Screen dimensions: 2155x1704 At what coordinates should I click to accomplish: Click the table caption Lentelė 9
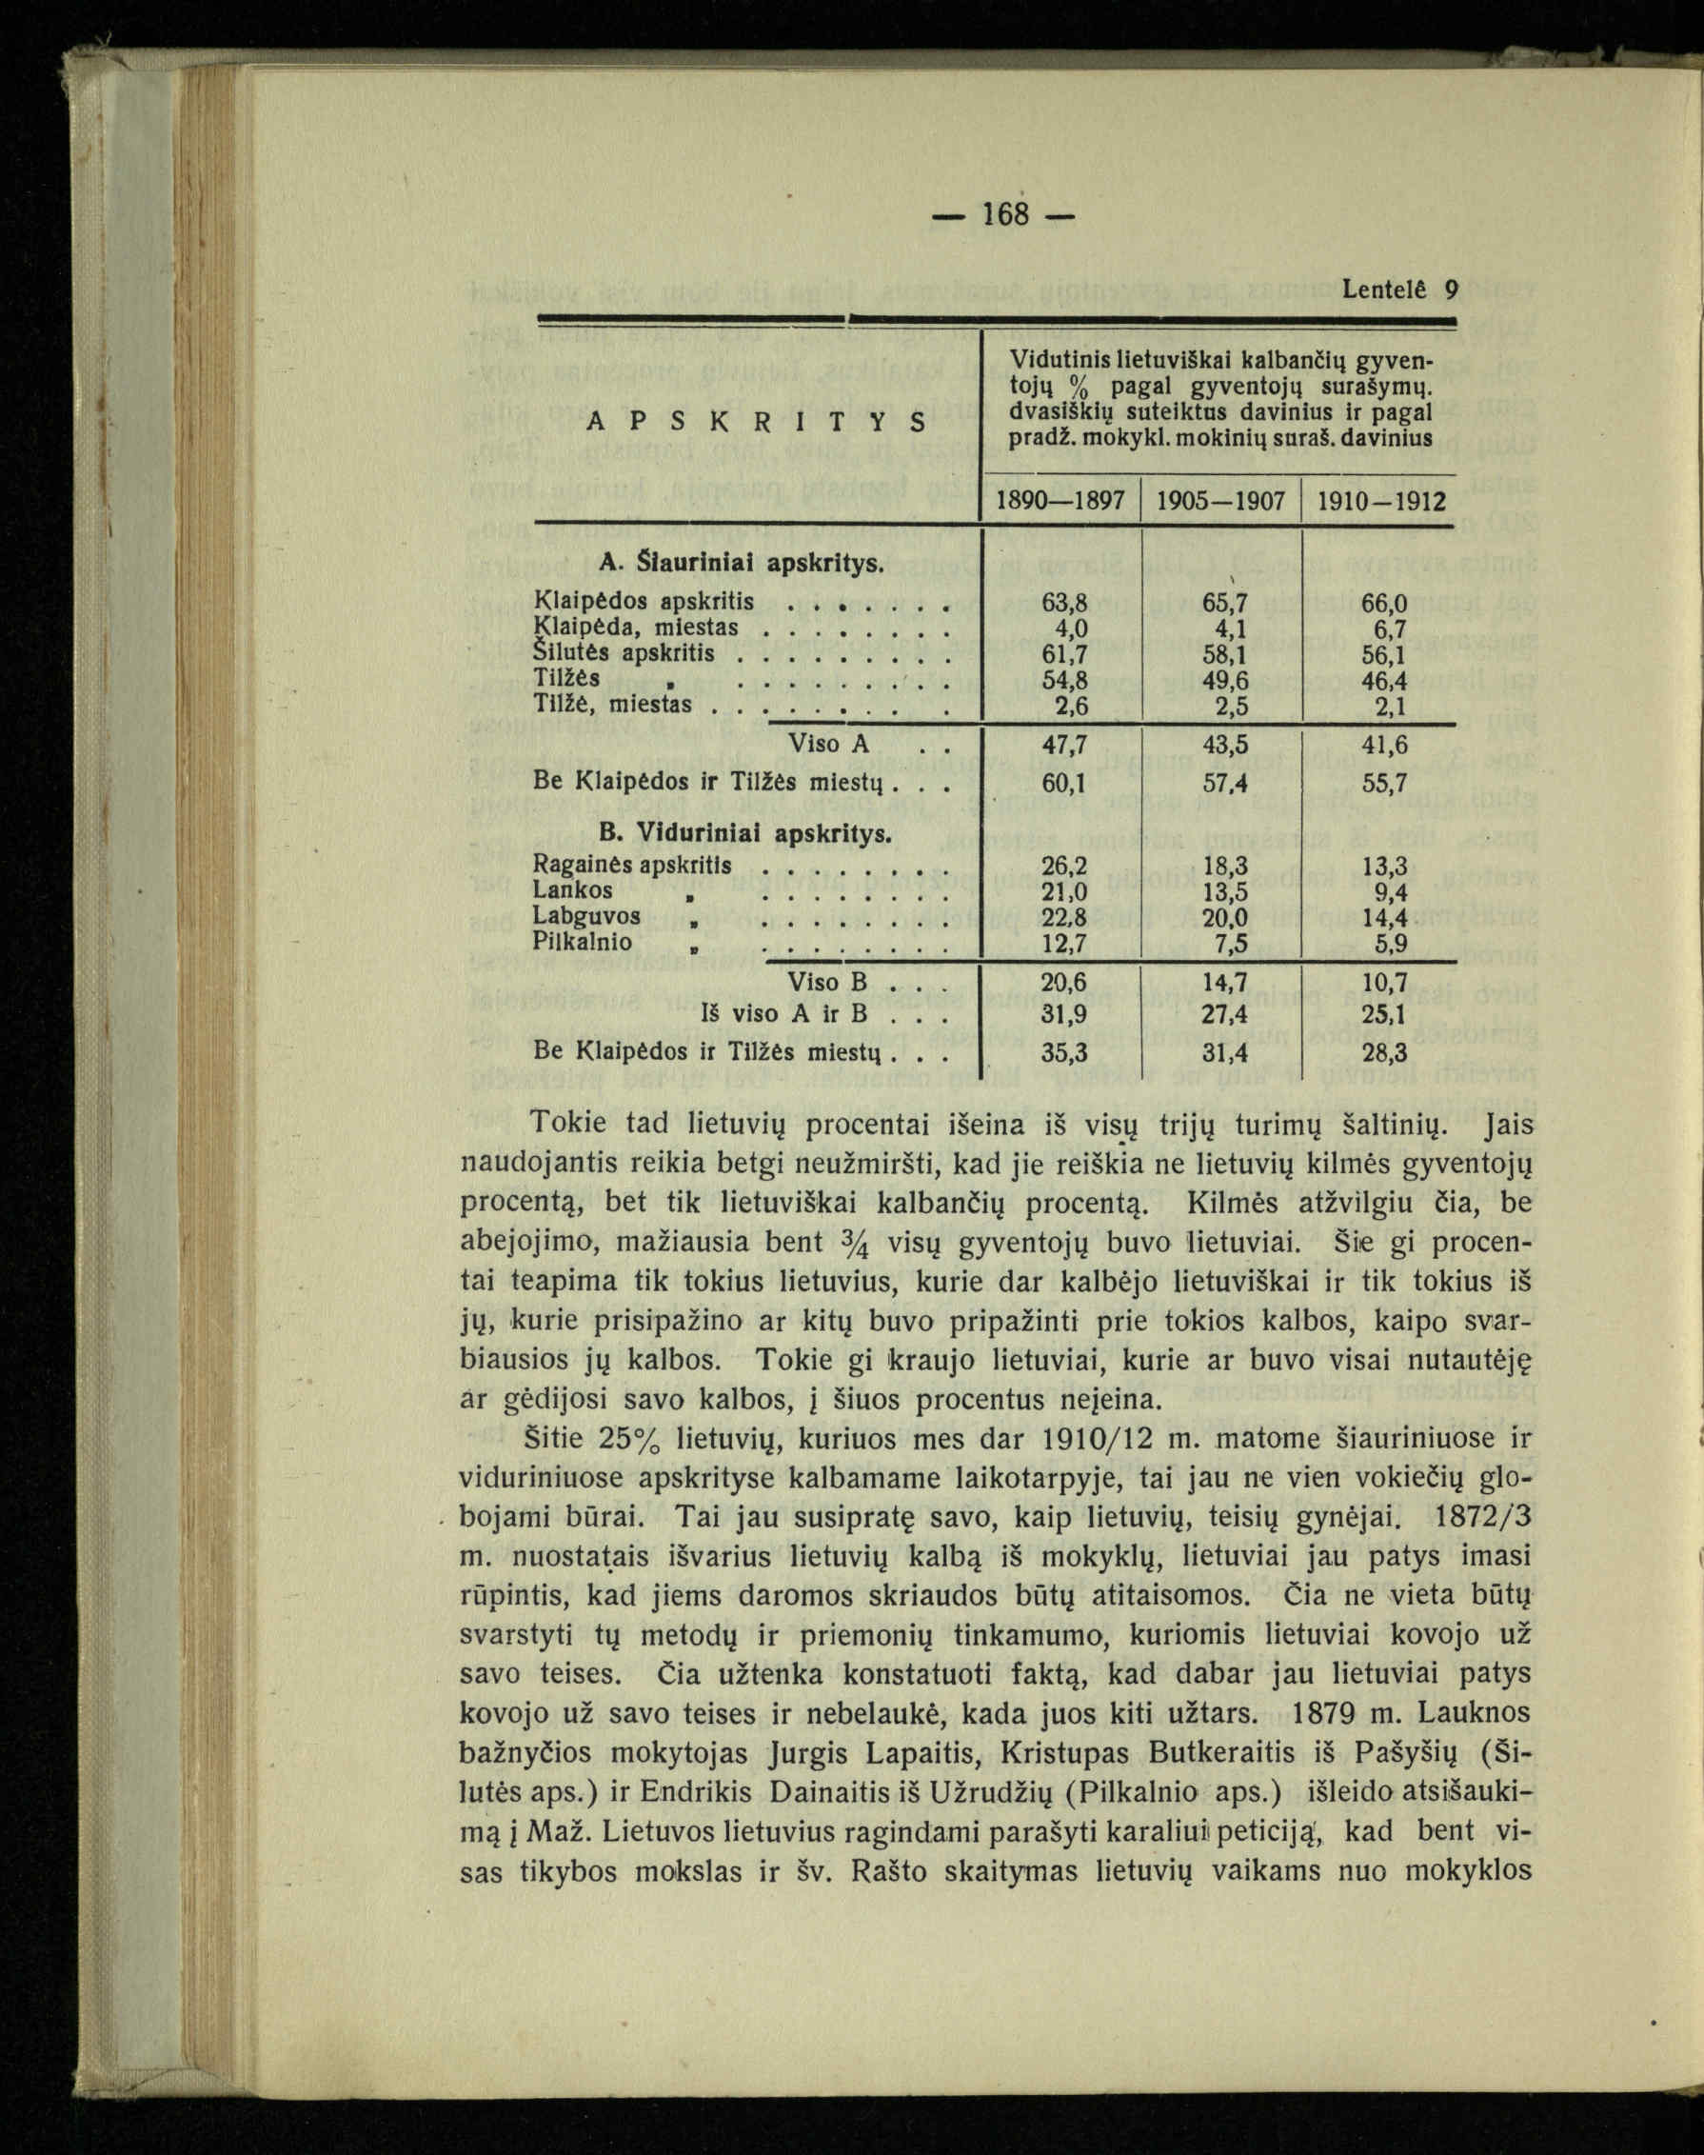[1398, 290]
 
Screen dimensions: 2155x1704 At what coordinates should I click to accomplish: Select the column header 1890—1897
[1061, 500]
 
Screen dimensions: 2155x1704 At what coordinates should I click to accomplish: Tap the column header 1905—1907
[1221, 500]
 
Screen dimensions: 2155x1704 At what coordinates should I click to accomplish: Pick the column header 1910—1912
[1381, 500]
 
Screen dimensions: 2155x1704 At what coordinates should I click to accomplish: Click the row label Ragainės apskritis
[632, 865]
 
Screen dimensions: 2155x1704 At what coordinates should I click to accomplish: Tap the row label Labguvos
[586, 915]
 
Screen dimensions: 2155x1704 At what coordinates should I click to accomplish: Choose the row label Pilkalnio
[583, 941]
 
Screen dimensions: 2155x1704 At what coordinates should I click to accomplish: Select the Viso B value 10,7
[1386, 983]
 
